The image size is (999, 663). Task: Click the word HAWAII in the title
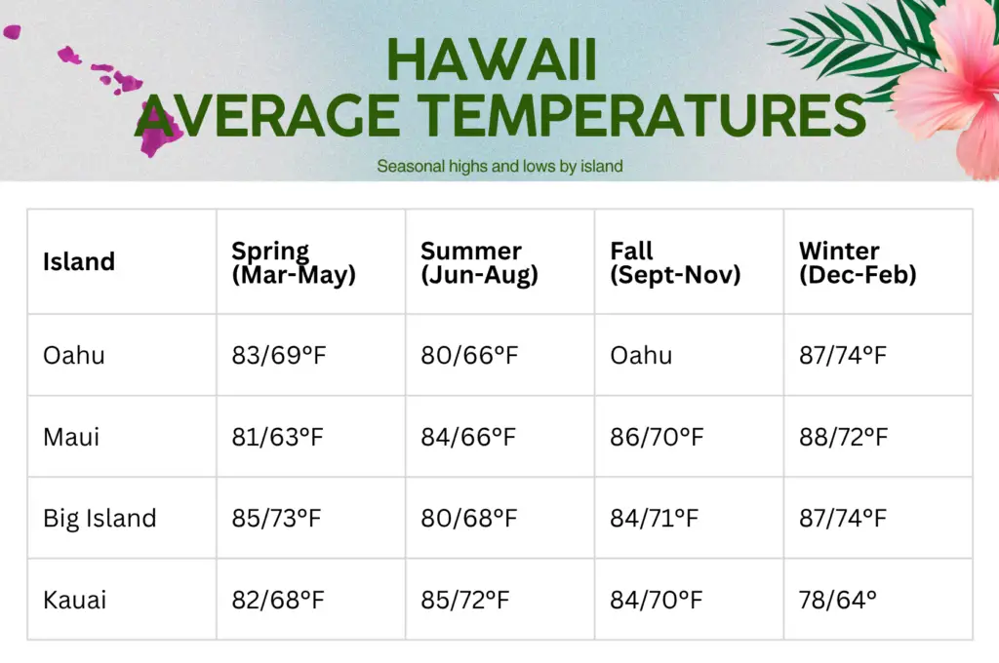point(492,59)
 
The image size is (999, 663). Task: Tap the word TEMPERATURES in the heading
point(642,115)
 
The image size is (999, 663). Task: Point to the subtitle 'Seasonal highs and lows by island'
point(499,166)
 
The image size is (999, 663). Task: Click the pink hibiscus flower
point(949,83)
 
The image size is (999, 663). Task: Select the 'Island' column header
point(79,261)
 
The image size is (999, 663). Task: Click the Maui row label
point(71,437)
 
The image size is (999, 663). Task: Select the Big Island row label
point(100,519)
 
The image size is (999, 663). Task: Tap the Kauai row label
point(74,600)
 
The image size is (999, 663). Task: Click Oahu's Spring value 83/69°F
point(278,355)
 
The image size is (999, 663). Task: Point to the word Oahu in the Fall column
point(641,355)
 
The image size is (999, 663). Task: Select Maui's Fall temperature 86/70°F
point(657,437)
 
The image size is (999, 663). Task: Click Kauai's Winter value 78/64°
point(838,600)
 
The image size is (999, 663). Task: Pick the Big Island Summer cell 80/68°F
point(469,519)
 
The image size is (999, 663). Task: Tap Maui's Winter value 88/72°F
point(844,437)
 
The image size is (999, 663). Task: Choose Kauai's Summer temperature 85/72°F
point(465,600)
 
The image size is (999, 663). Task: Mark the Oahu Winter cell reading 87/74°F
point(843,355)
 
